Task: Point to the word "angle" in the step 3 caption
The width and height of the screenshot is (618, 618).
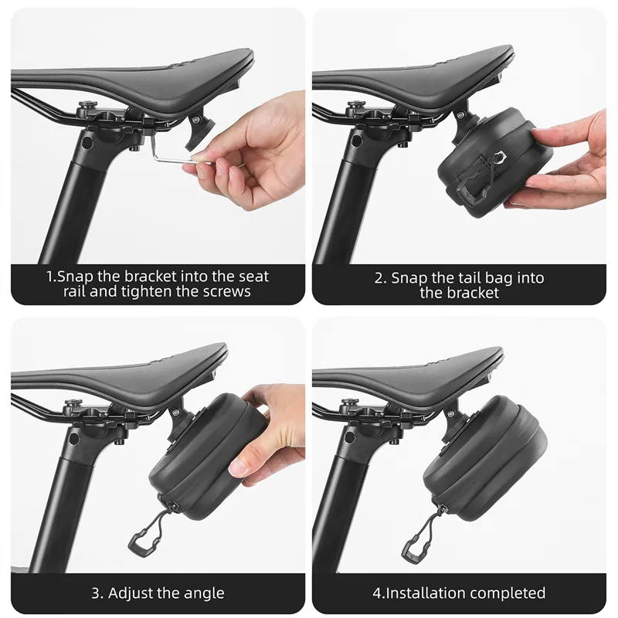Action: pos(205,593)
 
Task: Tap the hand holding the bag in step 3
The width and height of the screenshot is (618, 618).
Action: pos(268,433)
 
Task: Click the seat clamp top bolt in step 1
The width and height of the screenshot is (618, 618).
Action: pos(87,106)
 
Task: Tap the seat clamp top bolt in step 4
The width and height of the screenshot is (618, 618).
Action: pos(349,403)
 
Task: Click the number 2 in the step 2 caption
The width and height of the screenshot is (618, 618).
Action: pos(379,278)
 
